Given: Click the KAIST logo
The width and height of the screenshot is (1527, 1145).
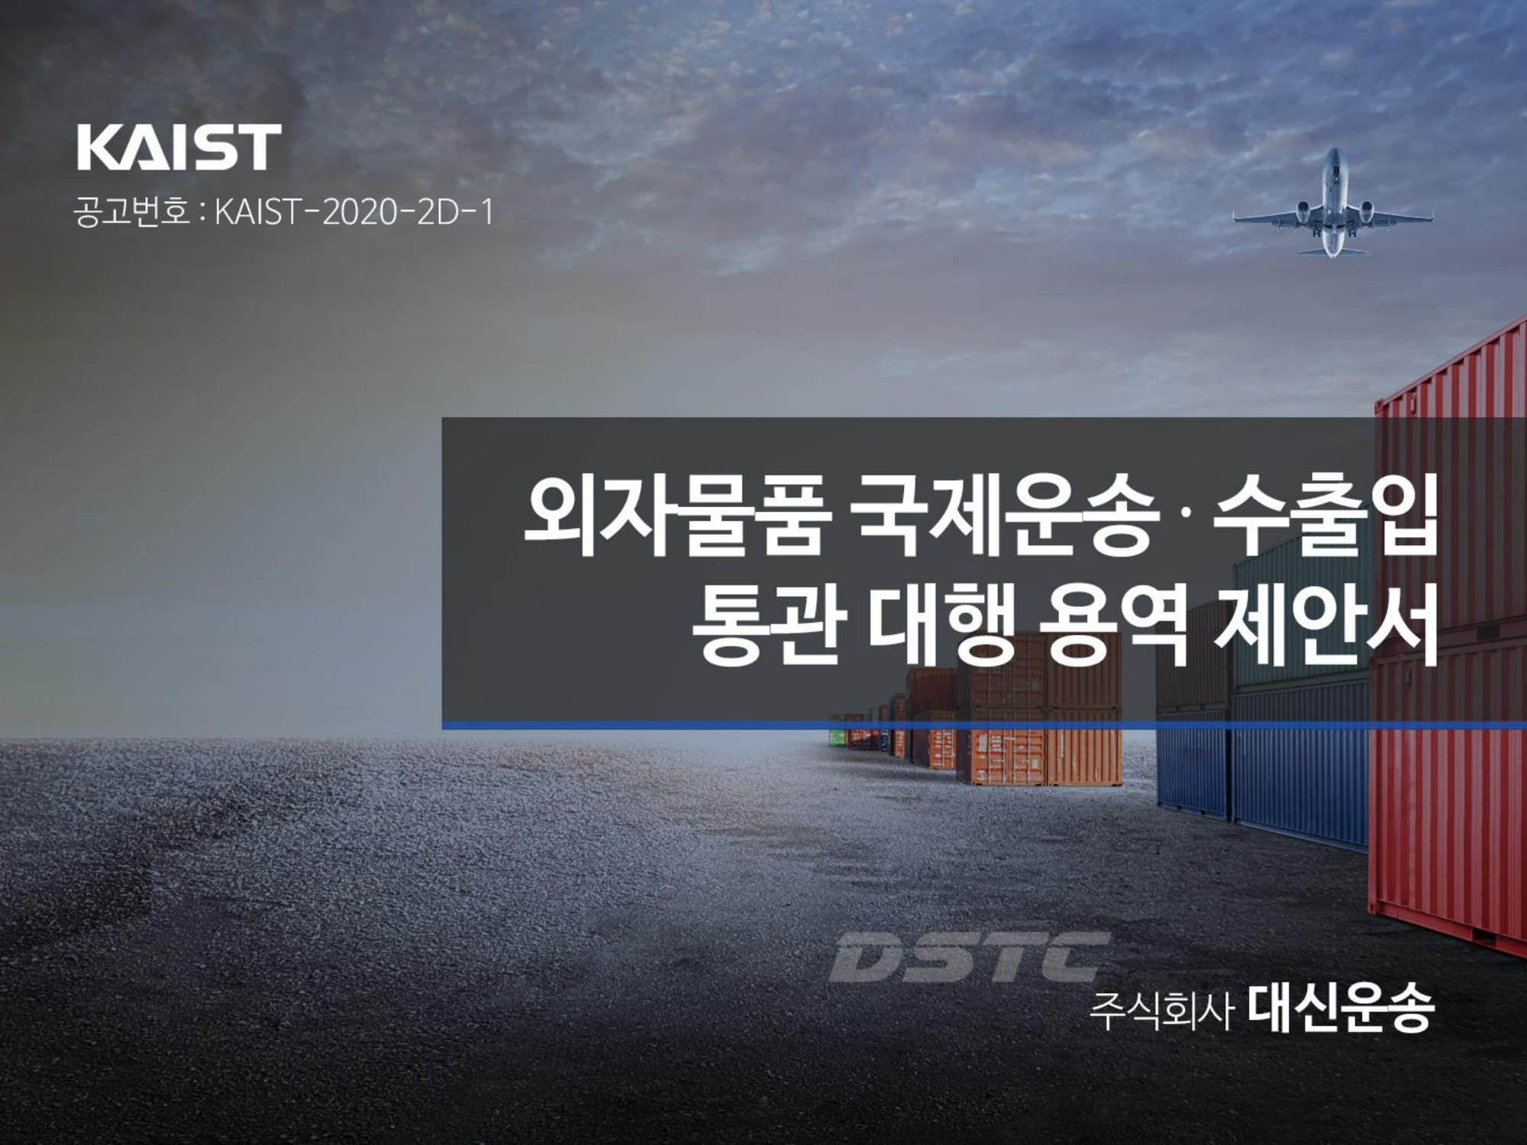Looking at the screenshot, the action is (179, 147).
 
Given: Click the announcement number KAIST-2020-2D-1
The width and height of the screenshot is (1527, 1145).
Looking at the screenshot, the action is (354, 213).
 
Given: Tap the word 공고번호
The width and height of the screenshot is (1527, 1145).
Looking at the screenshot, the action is (131, 213).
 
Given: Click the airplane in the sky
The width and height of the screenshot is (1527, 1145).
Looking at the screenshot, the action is (1332, 203).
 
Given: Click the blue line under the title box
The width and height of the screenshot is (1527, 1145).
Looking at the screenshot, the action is (984, 724).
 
